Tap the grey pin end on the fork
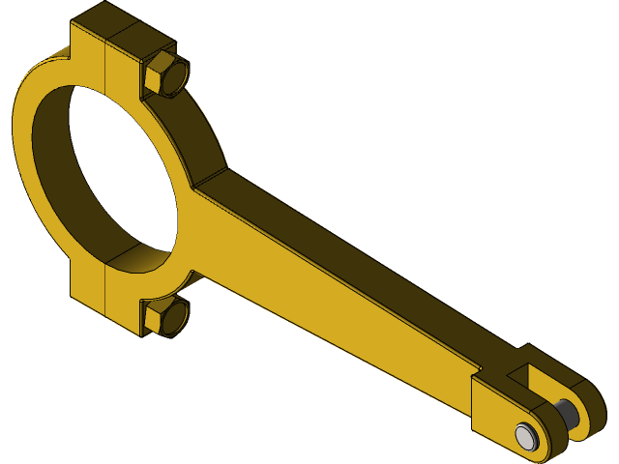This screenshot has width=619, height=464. point(525,435)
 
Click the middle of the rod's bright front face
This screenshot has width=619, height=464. point(329,300)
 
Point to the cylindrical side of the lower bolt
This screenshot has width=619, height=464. point(175,313)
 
